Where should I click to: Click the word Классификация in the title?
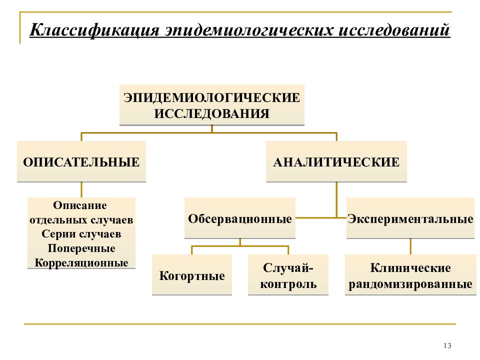tap(94, 30)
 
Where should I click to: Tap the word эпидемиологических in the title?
tap(249, 30)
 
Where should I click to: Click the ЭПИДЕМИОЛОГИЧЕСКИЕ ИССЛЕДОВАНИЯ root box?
tap(212, 105)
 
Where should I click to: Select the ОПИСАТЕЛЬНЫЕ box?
tap(81, 161)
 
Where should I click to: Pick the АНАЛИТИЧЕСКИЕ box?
tap(336, 161)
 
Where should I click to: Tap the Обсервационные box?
tap(240, 218)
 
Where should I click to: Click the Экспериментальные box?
tap(410, 218)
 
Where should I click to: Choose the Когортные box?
tap(192, 275)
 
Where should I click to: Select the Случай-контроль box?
tap(288, 275)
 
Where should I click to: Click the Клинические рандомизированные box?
tap(410, 275)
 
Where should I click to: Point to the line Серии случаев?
tap(81, 234)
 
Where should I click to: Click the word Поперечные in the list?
tap(81, 248)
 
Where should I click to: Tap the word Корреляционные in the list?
tap(81, 262)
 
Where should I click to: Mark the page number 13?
tap(447, 345)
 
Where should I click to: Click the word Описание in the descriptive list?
tap(80, 205)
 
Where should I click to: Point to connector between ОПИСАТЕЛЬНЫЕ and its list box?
tap(81, 190)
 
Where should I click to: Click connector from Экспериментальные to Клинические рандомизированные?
tap(410, 246)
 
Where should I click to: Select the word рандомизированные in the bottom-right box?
tap(410, 284)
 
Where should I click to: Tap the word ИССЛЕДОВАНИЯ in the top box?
tap(212, 113)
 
